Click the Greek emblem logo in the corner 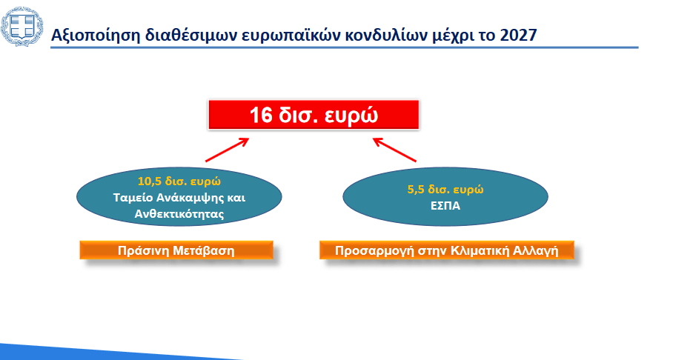[x=21, y=27]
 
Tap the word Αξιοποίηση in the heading [x=96, y=36]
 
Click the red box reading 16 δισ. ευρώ [x=314, y=115]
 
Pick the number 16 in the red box [x=261, y=115]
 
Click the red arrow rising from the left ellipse [x=227, y=150]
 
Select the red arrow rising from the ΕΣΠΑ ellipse [x=394, y=150]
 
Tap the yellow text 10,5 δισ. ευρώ [x=179, y=181]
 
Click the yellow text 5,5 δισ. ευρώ [x=445, y=190]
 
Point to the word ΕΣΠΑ [x=445, y=206]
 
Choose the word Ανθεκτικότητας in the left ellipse [x=179, y=214]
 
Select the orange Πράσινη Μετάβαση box [x=176, y=250]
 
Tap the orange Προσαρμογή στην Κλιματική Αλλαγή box [x=447, y=250]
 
